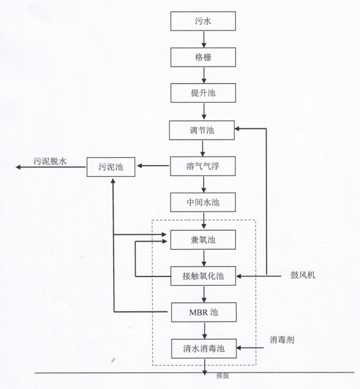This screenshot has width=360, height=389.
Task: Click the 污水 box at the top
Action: (x=203, y=21)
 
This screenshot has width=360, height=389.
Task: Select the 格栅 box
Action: (x=203, y=57)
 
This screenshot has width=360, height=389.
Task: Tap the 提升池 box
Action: (x=203, y=93)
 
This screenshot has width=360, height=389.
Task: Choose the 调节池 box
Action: (x=202, y=130)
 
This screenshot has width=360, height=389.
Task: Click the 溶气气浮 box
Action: (x=203, y=166)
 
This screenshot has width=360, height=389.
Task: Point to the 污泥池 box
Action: (x=111, y=167)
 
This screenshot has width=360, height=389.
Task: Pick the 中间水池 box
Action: (x=203, y=202)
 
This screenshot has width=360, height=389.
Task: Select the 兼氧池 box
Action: (x=203, y=240)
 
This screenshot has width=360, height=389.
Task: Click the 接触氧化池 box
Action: (x=204, y=276)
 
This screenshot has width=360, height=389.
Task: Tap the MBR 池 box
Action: (x=204, y=313)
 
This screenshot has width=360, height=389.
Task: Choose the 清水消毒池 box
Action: (x=204, y=349)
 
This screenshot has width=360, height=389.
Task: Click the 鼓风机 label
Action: (x=303, y=275)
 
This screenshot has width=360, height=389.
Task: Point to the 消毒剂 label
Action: (x=282, y=339)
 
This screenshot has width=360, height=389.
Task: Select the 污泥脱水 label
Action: (x=50, y=161)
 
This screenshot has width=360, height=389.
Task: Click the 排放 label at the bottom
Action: (x=222, y=376)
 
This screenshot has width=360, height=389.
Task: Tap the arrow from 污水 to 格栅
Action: (x=204, y=39)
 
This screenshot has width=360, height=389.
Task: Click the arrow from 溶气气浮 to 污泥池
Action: (x=153, y=166)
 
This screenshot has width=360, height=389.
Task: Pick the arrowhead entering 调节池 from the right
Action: (x=237, y=128)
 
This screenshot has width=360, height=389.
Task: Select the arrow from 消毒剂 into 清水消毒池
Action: (x=250, y=348)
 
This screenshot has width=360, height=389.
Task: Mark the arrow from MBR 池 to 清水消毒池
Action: (x=205, y=330)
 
